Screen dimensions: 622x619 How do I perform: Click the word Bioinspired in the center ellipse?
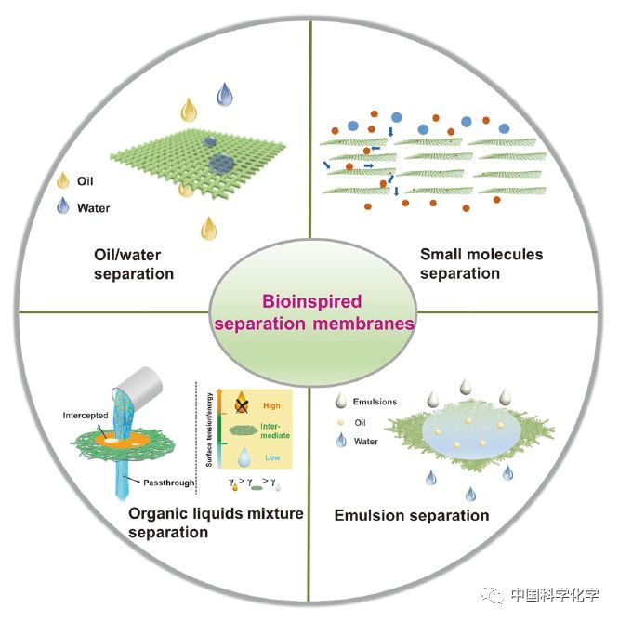point(309,302)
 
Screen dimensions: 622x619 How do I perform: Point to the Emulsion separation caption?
point(411,514)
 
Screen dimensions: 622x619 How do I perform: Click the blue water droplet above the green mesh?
point(224,94)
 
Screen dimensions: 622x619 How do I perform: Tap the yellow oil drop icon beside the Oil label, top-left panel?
point(64,180)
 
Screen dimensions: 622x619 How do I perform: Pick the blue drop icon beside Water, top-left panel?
point(64,206)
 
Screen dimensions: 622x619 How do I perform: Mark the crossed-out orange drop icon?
point(240,404)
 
